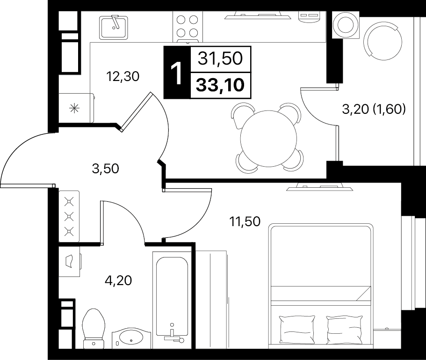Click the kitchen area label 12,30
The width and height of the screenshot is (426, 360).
pos(123,77)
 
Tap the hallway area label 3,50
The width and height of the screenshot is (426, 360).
pos(105,169)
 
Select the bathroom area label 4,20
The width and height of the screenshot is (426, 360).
pos(118,280)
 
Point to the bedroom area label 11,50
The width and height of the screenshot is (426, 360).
pos(245,221)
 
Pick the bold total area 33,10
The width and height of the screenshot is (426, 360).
pos(220,85)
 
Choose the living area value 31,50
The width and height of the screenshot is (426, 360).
pos(220,59)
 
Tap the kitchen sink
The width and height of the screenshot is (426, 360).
pos(114,27)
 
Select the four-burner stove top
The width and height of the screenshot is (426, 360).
pos(187,27)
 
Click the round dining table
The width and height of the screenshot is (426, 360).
pos(268,139)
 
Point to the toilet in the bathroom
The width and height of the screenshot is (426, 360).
pos(94,328)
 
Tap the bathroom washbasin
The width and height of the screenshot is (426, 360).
pos(131,338)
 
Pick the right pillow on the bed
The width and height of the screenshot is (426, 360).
pos(345,330)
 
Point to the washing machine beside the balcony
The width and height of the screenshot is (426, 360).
pos(346,25)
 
